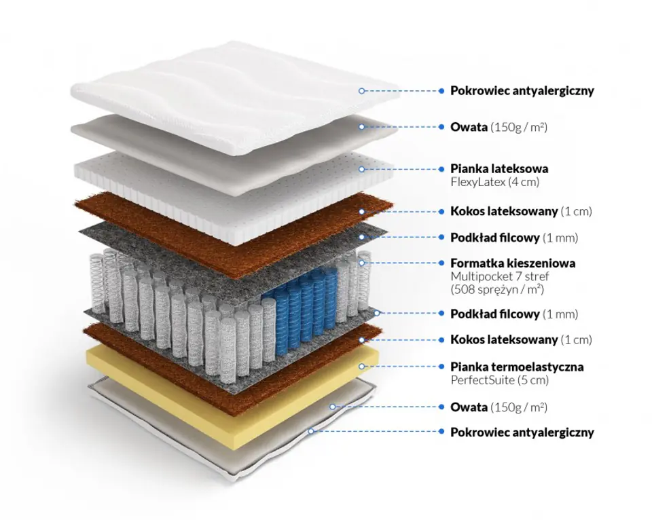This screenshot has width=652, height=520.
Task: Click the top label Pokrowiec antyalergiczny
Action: (522, 90)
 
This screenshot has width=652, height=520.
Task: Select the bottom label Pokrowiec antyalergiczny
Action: (522, 432)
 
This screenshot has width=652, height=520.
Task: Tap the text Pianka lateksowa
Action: (499, 168)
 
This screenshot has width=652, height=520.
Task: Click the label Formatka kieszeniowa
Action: (513, 263)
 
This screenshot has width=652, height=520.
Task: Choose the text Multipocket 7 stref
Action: (499, 276)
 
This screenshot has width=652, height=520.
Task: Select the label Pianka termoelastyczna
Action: (517, 367)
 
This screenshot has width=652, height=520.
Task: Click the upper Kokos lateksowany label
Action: (505, 211)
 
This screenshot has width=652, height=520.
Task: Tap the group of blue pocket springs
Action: (299, 305)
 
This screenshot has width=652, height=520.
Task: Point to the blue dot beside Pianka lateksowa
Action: (442, 168)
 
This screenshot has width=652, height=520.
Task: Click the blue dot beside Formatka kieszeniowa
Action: (442, 263)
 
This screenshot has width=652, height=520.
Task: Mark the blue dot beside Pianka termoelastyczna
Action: (442, 367)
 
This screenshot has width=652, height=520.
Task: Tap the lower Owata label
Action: (469, 407)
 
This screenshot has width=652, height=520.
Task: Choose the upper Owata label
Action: (469, 127)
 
